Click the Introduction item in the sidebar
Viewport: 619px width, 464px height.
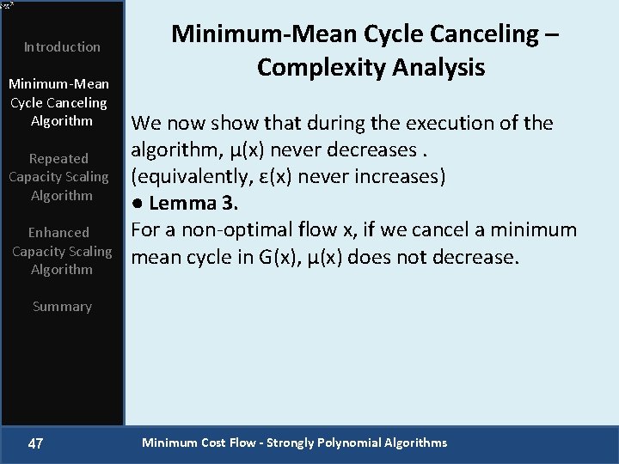(x=62, y=47)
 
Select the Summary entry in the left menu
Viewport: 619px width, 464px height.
(x=62, y=307)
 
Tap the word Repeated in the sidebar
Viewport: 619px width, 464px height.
(x=58, y=159)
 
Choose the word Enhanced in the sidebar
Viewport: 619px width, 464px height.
(x=58, y=233)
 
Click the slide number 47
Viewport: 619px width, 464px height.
(x=35, y=443)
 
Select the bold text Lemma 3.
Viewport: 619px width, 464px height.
(x=193, y=204)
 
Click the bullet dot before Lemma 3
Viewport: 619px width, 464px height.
(x=137, y=205)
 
